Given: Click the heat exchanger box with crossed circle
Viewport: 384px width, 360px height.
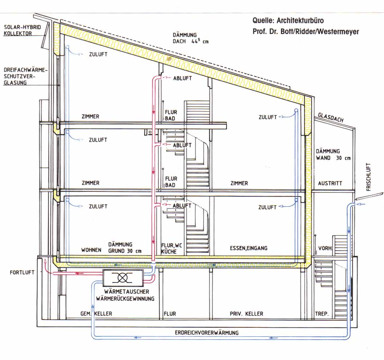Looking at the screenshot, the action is (123, 278).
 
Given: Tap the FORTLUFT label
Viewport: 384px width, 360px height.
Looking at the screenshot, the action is (22, 272).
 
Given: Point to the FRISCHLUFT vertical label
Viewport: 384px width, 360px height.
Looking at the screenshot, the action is (369, 177).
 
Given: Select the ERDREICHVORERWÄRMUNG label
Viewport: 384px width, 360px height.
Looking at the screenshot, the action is (207, 332).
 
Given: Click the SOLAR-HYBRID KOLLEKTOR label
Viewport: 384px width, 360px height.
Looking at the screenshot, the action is (22, 31).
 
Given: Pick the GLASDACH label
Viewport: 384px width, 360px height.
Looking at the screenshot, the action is (331, 118).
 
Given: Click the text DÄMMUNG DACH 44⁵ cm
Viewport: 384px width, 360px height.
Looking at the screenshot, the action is (190, 38).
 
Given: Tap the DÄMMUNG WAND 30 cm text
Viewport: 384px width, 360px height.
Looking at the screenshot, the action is (333, 154).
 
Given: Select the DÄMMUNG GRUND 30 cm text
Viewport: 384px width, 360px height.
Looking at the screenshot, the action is (125, 248).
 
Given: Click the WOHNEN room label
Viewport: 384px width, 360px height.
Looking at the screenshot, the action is (91, 250).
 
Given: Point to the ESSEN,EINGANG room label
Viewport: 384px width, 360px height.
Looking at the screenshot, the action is (248, 248).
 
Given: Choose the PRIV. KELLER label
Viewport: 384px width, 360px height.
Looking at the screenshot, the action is (246, 314).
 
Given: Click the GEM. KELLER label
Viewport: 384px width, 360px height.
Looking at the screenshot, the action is (96, 314).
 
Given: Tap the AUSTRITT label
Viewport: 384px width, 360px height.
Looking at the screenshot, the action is (330, 183).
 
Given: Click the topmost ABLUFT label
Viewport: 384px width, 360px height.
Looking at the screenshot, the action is (182, 78).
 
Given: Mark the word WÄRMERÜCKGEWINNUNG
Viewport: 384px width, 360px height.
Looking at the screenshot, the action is (125, 299).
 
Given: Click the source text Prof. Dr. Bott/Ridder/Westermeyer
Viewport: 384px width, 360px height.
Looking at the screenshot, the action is (306, 32).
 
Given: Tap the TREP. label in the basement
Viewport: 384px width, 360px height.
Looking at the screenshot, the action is (322, 314).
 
